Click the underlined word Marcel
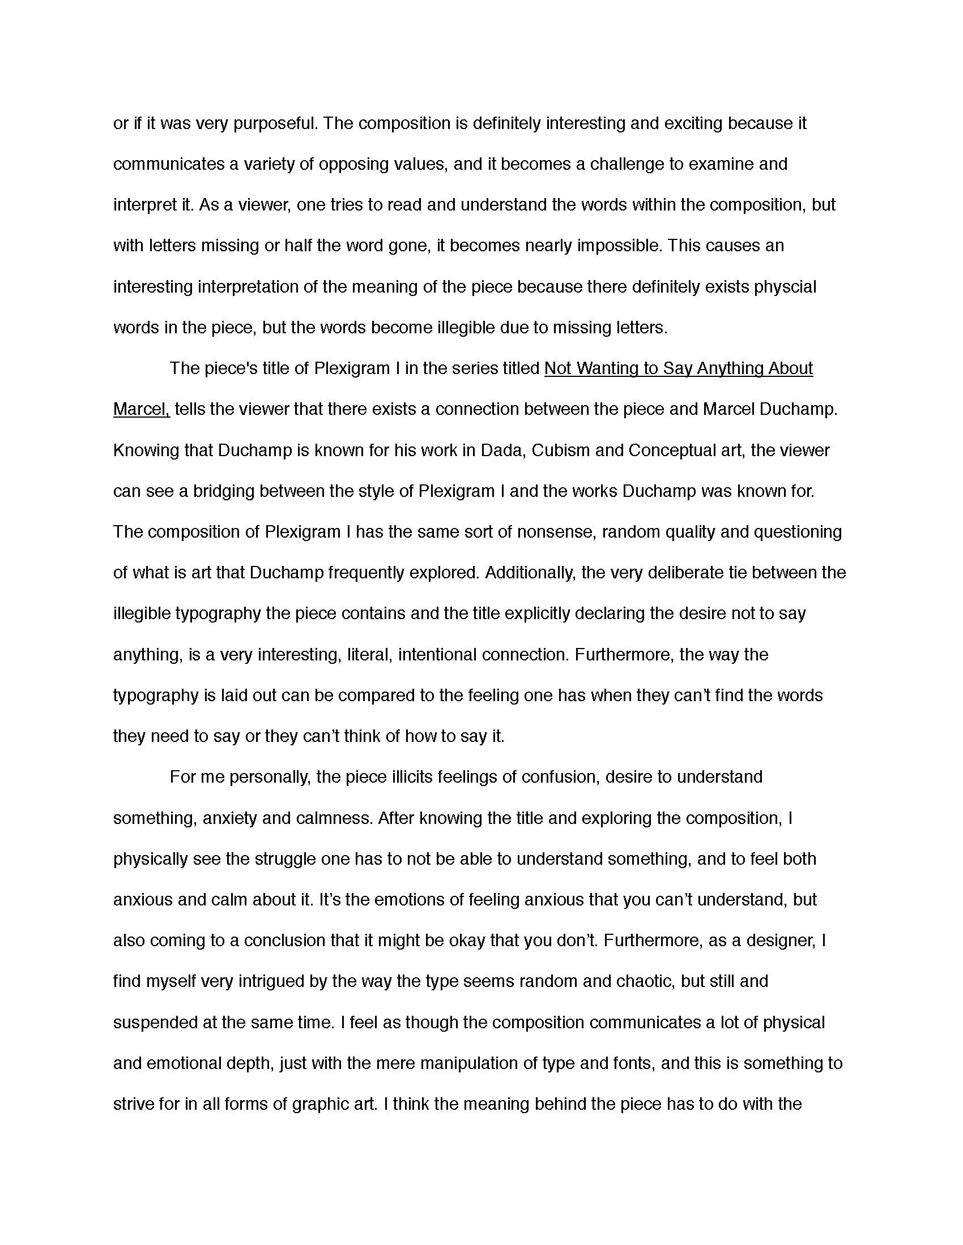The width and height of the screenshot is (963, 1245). click(140, 409)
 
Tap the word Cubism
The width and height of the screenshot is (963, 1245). click(560, 450)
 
